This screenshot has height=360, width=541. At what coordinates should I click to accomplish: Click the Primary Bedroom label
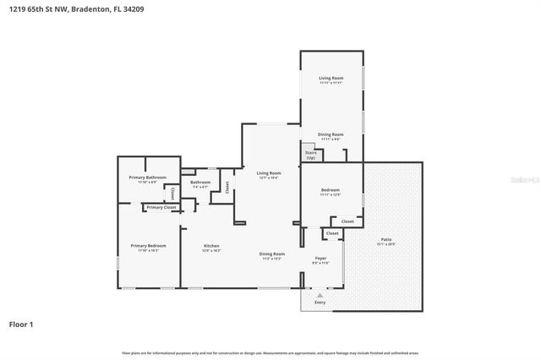pos(148,245)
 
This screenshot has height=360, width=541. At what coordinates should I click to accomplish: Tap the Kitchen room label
pos(211,245)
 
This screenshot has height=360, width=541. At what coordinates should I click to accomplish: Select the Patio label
pos(386,239)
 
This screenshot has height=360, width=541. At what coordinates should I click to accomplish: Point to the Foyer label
pos(321,258)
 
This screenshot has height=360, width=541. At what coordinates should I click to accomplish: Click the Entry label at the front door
pos(320,302)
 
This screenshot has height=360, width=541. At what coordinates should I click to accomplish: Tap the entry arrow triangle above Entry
pos(320,294)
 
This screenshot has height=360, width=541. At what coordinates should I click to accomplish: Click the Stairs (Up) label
pos(310,155)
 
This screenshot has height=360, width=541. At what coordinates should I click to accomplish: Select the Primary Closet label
pos(161,207)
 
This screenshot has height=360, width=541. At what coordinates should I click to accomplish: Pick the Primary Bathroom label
pos(148,177)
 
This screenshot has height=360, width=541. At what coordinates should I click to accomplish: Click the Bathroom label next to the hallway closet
pos(200,182)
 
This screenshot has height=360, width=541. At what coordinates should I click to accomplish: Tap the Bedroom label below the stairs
pos(331,190)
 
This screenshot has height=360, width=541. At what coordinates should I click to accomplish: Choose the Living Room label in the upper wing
pos(331,78)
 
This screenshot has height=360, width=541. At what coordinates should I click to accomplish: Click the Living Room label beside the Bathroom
pos(269,172)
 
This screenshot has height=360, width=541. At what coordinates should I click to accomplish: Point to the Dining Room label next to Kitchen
pos(271,254)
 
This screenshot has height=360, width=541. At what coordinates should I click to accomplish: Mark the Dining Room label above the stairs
pos(331,134)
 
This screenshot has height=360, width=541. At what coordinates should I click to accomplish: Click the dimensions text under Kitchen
pos(211,251)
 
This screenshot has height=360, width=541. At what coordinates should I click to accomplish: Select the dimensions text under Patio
pos(386,245)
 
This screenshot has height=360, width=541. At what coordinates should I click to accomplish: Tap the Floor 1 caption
pos(22,324)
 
